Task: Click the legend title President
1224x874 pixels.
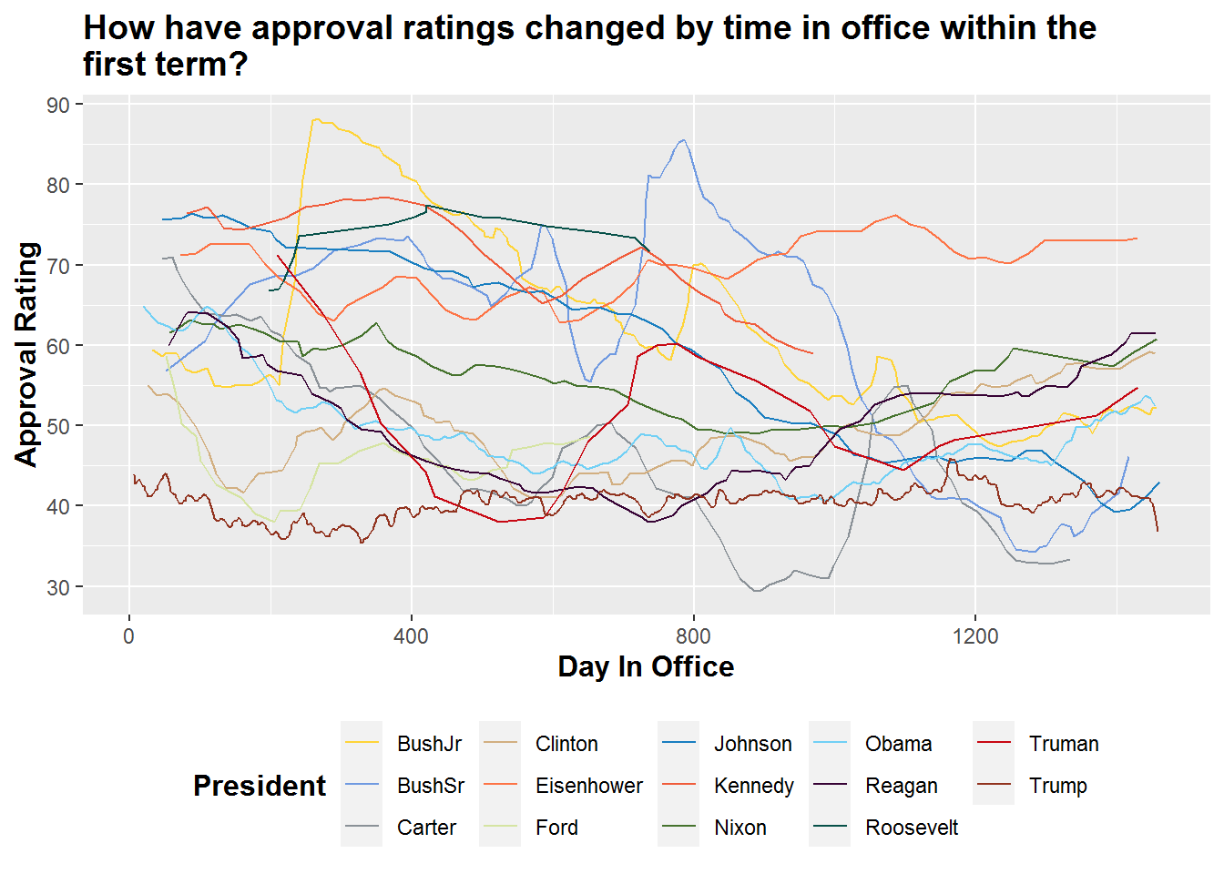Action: pyautogui.click(x=260, y=786)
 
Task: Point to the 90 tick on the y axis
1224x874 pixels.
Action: pyautogui.click(x=58, y=105)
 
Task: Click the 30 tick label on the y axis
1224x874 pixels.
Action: pyautogui.click(x=58, y=588)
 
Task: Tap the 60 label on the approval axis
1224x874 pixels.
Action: pyautogui.click(x=58, y=346)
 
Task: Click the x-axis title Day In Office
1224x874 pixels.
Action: pyautogui.click(x=646, y=667)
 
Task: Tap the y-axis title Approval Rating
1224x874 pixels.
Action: pyautogui.click(x=26, y=354)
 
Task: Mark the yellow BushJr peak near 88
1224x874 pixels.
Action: pyautogui.click(x=316, y=119)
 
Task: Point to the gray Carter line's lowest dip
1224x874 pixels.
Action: pyautogui.click(x=756, y=591)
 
